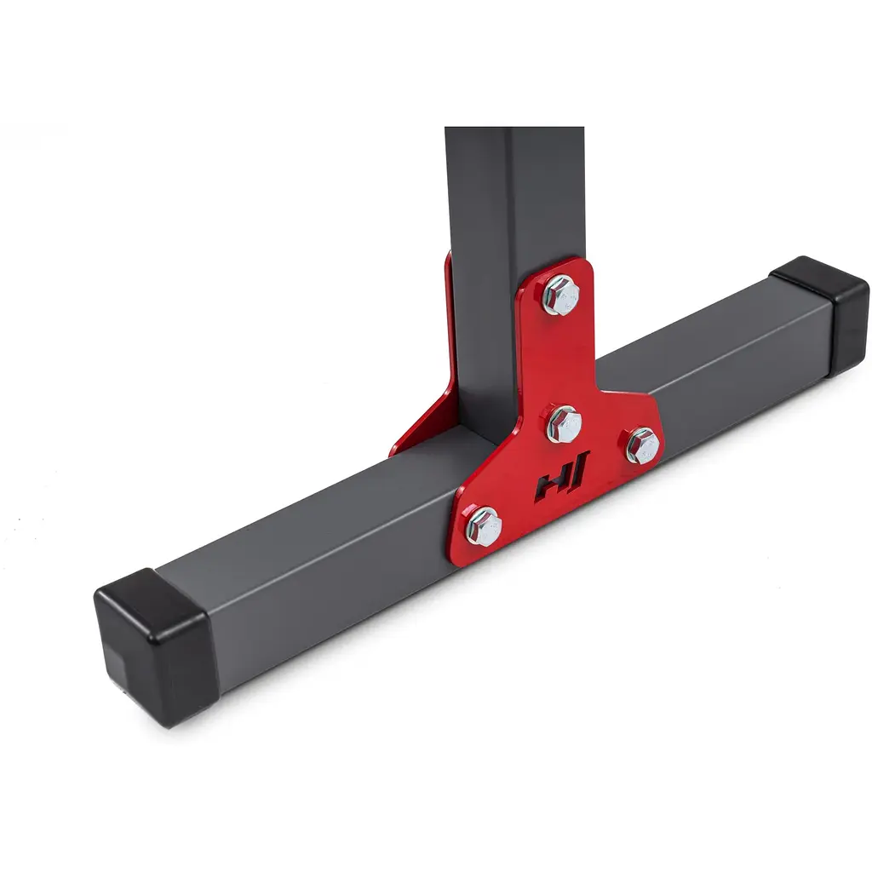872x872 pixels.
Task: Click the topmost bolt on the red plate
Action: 559,295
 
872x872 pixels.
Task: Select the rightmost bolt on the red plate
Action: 644,445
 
